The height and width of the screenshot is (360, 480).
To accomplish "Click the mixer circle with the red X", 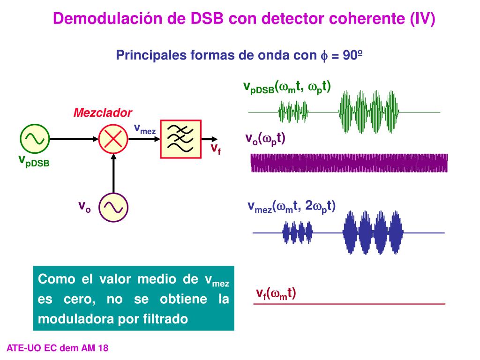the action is coord(113,139).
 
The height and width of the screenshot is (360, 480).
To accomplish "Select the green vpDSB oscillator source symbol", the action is coord(34,139).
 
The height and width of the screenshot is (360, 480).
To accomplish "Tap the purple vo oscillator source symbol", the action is coord(113,207).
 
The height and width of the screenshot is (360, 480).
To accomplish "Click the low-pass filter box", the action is coord(180,139).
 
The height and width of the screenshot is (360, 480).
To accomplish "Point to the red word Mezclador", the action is coord(103,112).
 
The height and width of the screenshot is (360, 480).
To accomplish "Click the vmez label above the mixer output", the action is coord(144,128).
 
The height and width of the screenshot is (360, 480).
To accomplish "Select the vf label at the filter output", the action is coord(215,149).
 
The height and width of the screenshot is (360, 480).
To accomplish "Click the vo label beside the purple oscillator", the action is coord(84,206).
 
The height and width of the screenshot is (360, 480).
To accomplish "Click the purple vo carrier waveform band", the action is coord(349,163).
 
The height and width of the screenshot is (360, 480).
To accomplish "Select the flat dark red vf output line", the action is coord(349,304).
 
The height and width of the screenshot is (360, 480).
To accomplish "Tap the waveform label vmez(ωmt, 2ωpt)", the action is coord(292,206).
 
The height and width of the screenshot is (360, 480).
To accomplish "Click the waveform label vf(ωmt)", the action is coord(276,294).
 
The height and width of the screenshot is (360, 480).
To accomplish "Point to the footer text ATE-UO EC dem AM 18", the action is coord(58,348).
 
